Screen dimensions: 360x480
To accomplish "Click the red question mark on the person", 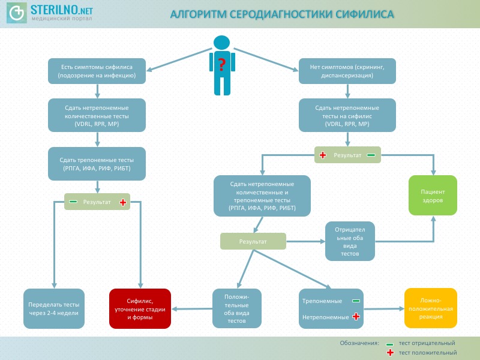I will pos(221,64).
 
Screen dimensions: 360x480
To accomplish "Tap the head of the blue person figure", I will pos(221,43).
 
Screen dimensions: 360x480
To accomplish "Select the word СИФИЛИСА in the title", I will pos(360,14).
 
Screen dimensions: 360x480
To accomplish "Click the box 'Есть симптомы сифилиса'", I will pos(97,71).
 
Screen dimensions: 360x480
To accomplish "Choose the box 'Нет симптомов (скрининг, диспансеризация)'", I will pos(347,71).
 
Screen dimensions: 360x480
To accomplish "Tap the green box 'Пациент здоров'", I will pos(433,196).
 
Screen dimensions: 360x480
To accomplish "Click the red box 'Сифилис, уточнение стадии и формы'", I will pos(140,308).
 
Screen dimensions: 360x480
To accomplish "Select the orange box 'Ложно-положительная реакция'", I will pos(431,308).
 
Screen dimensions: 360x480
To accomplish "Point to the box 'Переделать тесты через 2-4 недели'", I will pos(54,308).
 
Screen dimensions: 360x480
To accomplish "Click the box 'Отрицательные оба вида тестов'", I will pos(350,241).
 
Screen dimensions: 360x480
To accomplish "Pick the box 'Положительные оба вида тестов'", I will pos(237,308).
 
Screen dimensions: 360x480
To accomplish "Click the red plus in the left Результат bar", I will pos(123,202).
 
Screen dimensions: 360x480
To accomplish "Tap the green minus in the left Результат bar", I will pos(73,202).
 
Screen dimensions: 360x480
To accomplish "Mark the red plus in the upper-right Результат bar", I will pos(323,155).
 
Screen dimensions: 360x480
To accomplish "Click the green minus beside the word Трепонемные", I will pos(356,301).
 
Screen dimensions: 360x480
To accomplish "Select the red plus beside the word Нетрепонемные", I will pos(356,316).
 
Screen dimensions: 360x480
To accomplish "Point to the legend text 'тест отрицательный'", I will pos(427,343).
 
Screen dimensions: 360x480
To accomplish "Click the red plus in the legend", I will pos(390,353).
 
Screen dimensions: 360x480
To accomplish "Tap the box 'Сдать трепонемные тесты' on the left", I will pos(97,164).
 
